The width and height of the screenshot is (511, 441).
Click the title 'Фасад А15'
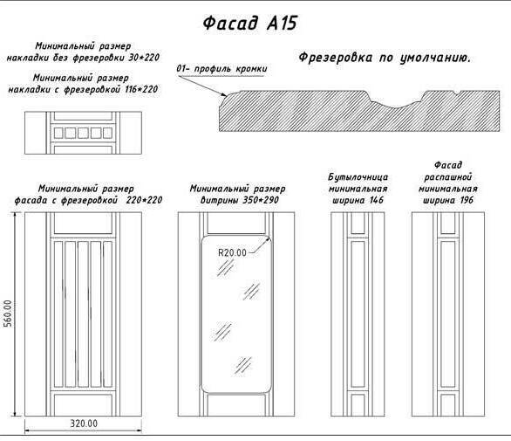coord(250,24)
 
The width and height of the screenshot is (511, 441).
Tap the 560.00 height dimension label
coord(8,314)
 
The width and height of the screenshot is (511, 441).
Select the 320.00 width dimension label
coord(84,424)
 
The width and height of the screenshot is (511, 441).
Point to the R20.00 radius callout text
coord(232,252)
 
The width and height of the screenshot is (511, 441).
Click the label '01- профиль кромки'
coord(221,69)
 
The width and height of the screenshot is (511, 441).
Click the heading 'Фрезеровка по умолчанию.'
coord(385,58)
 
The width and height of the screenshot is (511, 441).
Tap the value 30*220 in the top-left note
coord(144,58)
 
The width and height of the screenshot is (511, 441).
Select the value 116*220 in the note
coord(141,89)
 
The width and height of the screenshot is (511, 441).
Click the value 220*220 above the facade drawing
coord(144,200)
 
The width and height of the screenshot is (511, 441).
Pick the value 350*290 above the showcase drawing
coord(261,200)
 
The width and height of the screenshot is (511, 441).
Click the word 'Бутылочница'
coord(358,177)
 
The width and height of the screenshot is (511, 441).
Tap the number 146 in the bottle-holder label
coord(377,200)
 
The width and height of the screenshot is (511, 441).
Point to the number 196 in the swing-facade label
coord(467,200)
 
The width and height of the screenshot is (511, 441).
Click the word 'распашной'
coord(447,177)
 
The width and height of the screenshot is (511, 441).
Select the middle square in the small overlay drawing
coord(83,134)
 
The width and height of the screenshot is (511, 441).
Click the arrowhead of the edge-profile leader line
coord(224,95)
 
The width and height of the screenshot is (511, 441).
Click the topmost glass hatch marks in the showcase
coord(226,268)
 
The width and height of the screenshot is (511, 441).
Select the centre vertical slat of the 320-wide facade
coord(83,314)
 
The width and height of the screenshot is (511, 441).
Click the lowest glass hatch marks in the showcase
coord(243,365)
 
